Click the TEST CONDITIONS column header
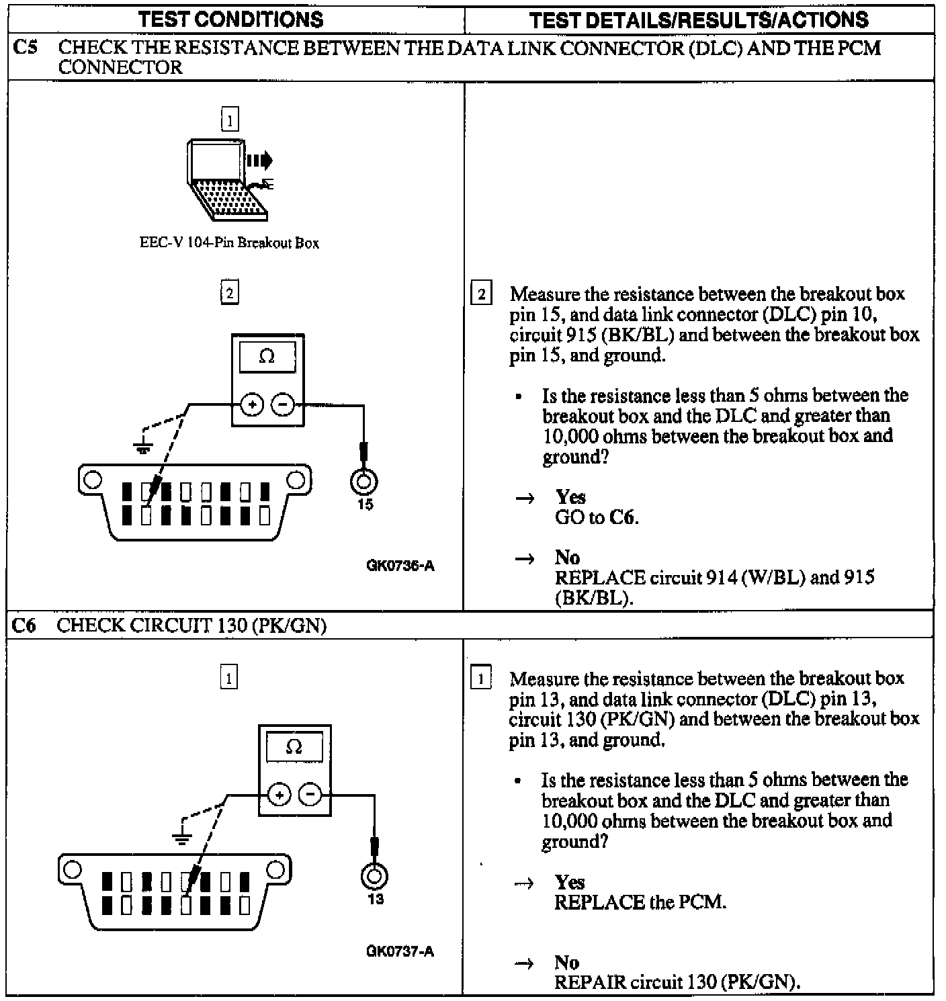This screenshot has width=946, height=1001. (x=231, y=19)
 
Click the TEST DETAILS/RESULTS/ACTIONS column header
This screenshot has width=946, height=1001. (x=699, y=19)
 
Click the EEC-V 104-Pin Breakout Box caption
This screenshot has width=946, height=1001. (x=229, y=243)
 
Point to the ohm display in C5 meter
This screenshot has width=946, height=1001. (x=267, y=357)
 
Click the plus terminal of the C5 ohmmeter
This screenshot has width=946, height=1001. (x=252, y=405)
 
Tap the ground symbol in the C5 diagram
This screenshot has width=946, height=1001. (x=142, y=447)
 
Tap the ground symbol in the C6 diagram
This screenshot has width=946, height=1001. (x=181, y=836)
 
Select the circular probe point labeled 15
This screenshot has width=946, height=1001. (x=364, y=481)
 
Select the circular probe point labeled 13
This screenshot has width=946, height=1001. (x=375, y=876)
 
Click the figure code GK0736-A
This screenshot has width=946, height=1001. (x=400, y=566)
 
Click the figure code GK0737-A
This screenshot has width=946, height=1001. (x=400, y=951)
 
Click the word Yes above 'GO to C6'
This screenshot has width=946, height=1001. (x=570, y=497)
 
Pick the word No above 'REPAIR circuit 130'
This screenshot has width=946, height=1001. (x=567, y=963)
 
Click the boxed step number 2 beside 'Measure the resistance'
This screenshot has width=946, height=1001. (x=481, y=294)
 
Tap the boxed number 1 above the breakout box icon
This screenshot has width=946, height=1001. (x=230, y=121)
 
